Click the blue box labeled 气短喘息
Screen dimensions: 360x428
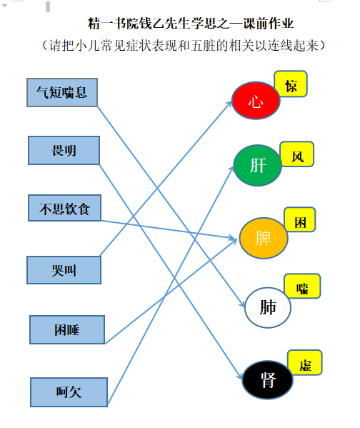coord(62,92)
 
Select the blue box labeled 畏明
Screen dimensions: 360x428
coord(64,150)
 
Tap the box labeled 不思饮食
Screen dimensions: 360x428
coord(65,208)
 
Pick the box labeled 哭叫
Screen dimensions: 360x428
coord(64,270)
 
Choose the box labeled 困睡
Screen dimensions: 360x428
coord(67,329)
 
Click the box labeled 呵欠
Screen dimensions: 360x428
coord(69,392)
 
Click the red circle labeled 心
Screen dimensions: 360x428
coord(256,101)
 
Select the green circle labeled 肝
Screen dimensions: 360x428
coord(258,166)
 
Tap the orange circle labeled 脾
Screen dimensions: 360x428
coord(264,238)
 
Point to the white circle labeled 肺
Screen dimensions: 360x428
coord(267,307)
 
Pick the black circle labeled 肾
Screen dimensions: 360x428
coord(267,380)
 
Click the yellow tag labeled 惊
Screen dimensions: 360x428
coord(291,84)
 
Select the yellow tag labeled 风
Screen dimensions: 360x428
coord(297,154)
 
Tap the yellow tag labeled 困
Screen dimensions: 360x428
coord(300,220)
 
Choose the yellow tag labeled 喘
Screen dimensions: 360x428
coord(302,286)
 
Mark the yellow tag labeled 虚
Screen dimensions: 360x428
coord(305,363)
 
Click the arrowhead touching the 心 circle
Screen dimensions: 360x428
coord(229,104)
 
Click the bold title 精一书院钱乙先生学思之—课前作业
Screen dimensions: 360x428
coord(191,24)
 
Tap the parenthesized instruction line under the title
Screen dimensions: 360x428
coord(184,45)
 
